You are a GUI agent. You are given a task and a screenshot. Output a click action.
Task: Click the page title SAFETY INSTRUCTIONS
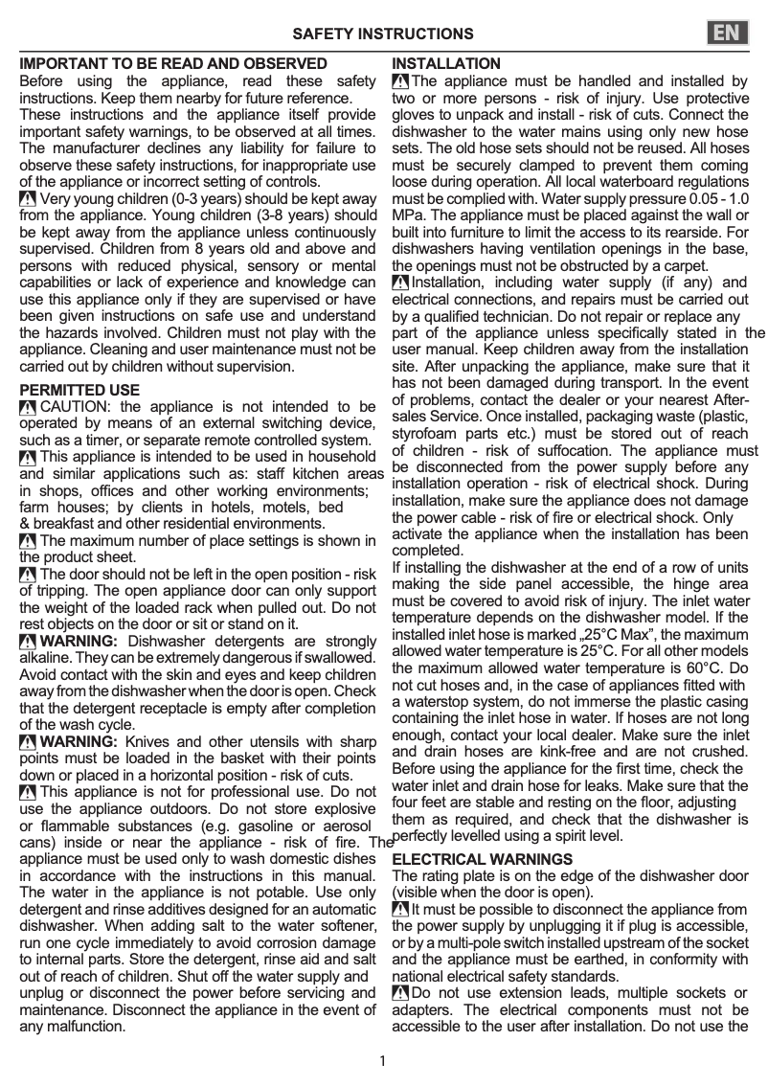pyautogui.click(x=382, y=34)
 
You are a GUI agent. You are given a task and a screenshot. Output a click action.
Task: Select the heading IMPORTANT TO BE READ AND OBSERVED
pyautogui.click(x=173, y=64)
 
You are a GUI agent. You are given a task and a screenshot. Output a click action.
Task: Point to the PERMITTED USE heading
pyautogui.click(x=79, y=391)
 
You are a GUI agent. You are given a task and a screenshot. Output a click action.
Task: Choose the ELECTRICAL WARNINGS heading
pyautogui.click(x=483, y=860)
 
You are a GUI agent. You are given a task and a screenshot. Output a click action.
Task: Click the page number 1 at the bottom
pyautogui.click(x=382, y=1060)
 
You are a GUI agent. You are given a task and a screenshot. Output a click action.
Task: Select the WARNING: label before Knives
pyautogui.click(x=79, y=741)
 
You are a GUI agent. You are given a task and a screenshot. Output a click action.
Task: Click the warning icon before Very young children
pyautogui.click(x=29, y=200)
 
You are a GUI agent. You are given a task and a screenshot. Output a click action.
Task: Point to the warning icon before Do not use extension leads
pyautogui.click(x=400, y=993)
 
